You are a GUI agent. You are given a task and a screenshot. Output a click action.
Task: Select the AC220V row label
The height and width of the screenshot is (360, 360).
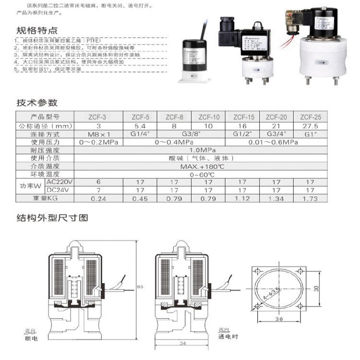[x=60, y=182]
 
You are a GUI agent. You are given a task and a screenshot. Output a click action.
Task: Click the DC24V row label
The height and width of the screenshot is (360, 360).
[x=60, y=190]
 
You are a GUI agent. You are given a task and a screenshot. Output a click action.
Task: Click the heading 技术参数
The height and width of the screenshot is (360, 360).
[x=37, y=103]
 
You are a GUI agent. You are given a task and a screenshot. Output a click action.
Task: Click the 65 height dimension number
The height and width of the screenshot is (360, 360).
[x=140, y=287]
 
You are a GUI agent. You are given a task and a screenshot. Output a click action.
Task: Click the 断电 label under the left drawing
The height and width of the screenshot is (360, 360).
[x=30, y=338]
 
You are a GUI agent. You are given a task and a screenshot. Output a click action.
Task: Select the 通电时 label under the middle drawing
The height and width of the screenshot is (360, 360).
[x=228, y=337]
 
